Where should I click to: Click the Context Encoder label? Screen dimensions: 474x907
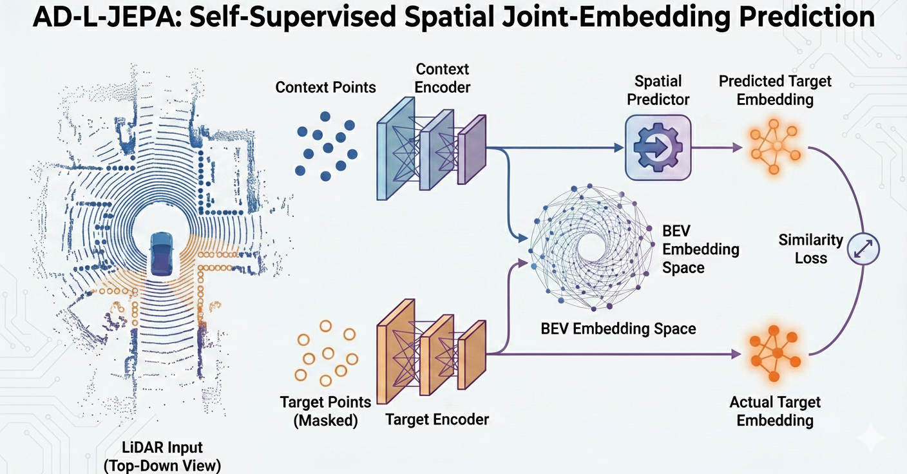(x=443, y=78)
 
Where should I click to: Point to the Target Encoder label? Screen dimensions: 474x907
(x=437, y=420)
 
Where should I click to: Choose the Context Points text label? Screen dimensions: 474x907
(x=325, y=87)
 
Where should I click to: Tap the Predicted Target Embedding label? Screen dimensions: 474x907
(x=775, y=91)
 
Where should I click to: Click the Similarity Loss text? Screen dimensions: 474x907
(x=810, y=249)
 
